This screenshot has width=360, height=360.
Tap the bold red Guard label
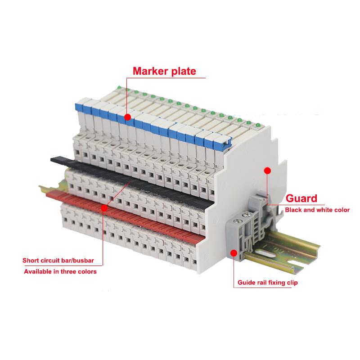point(302,198)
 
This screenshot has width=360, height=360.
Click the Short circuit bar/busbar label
point(62,260)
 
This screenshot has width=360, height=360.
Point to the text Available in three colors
point(59,271)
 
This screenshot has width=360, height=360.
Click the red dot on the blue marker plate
point(128,117)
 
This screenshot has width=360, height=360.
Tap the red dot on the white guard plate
point(267,171)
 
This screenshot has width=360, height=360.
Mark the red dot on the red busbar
point(104,208)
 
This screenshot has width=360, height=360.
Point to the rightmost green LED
point(259,125)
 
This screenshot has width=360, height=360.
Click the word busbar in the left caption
point(88,260)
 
